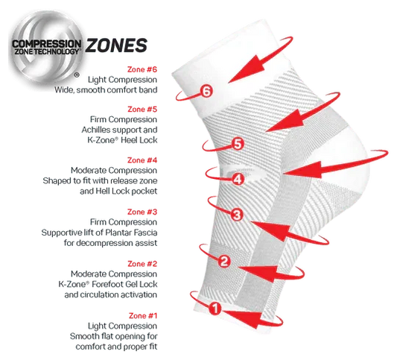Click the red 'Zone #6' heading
point(142,69)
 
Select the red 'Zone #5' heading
point(142,109)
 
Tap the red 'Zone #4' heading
point(142,160)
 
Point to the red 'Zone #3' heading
point(142,212)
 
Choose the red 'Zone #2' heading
point(142,264)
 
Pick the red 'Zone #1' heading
point(143,316)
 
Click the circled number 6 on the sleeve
point(206,91)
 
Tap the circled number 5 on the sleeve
point(238,144)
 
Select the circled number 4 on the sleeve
point(238,179)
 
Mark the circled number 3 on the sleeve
point(237,215)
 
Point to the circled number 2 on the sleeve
point(224,261)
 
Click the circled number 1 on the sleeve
point(215,309)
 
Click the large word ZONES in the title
point(116,45)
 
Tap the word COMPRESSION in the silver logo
point(47,43)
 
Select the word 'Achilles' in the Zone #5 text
point(95,130)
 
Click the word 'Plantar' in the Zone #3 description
point(118,233)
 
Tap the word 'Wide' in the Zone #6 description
point(63,89)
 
